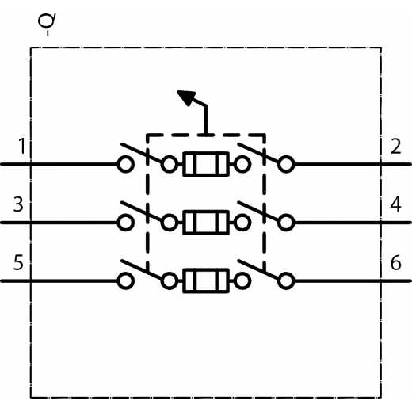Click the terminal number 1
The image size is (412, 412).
(x=22, y=146)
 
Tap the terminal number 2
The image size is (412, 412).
(x=395, y=146)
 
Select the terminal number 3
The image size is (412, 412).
(x=18, y=204)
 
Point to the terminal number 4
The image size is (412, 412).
(x=395, y=204)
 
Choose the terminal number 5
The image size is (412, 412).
(x=18, y=262)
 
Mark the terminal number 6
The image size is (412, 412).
(x=395, y=262)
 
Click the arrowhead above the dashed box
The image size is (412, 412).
(x=187, y=97)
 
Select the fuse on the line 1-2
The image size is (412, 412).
(x=206, y=164)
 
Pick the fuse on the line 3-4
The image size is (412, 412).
(x=206, y=223)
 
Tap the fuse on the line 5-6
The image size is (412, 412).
(x=206, y=280)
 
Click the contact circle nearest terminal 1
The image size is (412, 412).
(x=125, y=164)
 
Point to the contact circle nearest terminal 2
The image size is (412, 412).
(x=286, y=164)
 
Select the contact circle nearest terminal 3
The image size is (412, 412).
(x=125, y=223)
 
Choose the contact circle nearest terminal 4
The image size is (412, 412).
(x=286, y=223)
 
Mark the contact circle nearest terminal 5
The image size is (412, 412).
(x=125, y=281)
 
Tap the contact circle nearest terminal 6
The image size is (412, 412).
(x=286, y=281)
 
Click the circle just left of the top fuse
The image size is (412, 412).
(x=170, y=164)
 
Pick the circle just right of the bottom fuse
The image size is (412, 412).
(x=242, y=281)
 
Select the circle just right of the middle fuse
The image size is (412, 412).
(x=242, y=223)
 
